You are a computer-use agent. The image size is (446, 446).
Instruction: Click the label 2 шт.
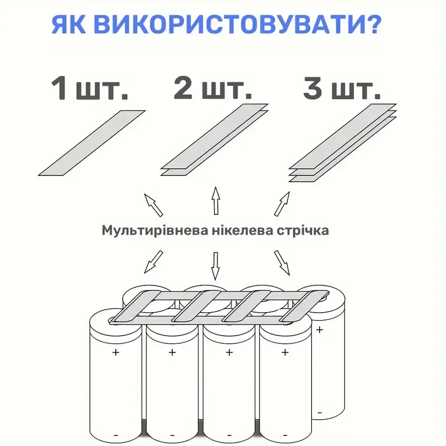pyautogui.click(x=209, y=89)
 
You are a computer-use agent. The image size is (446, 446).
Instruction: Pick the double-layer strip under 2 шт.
pyautogui.click(x=215, y=139)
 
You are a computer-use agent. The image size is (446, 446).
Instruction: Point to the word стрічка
pyautogui.click(x=303, y=230)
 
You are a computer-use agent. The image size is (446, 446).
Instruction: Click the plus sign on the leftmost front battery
pyautogui.click(x=116, y=352)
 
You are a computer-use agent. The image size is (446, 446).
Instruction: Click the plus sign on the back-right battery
pyautogui.click(x=319, y=329)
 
